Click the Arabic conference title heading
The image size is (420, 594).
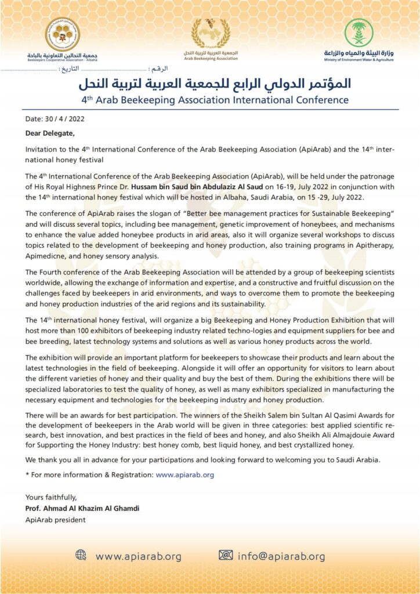tap(215, 83)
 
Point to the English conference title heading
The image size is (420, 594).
tap(215, 100)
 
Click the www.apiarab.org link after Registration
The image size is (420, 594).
tap(185, 474)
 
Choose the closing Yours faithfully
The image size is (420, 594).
tap(50, 498)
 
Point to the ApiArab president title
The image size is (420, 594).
tap(55, 520)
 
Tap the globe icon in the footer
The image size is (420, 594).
tap(81, 556)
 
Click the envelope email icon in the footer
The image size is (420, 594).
tap(226, 556)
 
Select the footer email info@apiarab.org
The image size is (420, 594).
tap(282, 556)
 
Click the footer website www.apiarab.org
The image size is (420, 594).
tap(139, 556)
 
